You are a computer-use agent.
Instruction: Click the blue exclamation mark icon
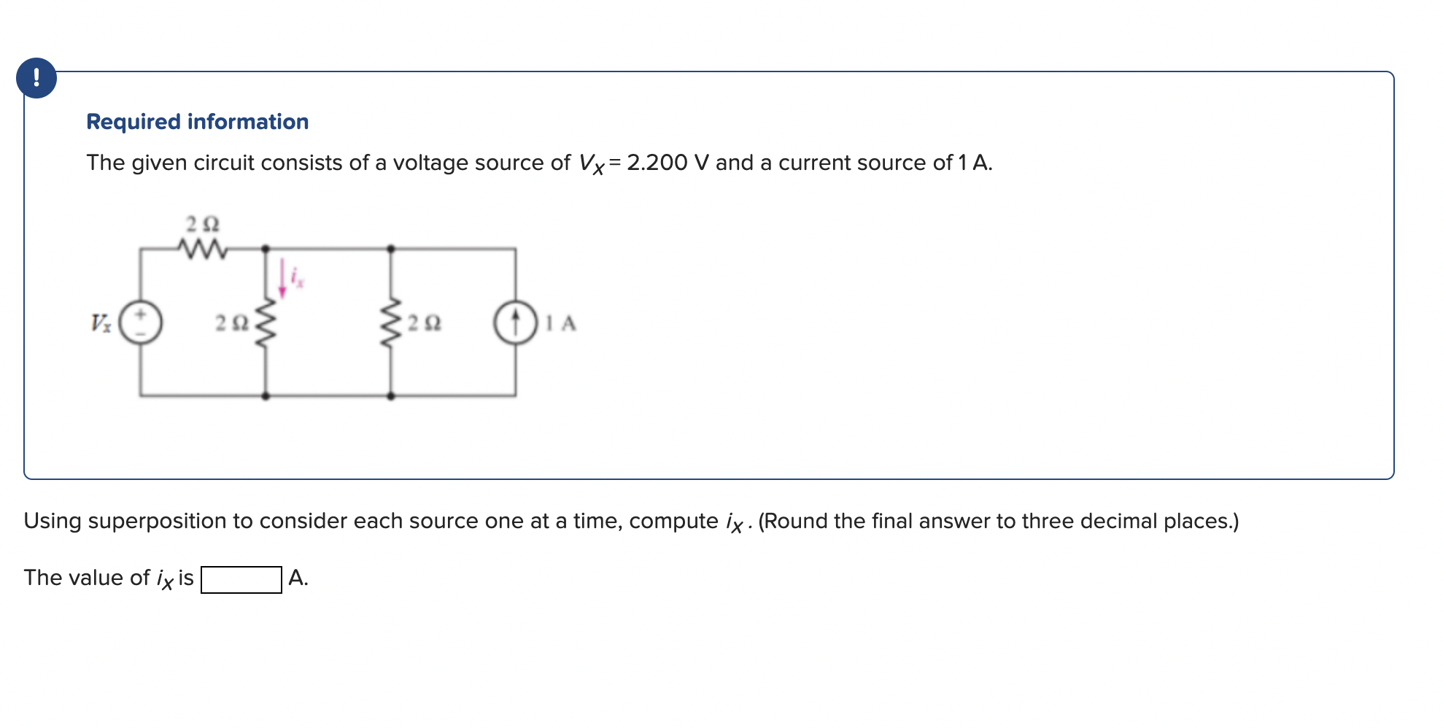[36, 77]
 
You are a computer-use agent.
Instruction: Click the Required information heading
[197, 122]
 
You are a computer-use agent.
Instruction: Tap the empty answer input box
[241, 580]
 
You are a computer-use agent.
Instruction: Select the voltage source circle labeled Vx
[141, 322]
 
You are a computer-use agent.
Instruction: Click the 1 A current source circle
[516, 322]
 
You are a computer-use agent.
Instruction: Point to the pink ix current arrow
[282, 279]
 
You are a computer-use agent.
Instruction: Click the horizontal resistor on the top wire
[203, 249]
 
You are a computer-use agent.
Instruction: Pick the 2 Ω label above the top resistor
[202, 222]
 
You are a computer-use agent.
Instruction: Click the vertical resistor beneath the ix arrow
[266, 322]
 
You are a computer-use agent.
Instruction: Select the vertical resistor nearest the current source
[391, 322]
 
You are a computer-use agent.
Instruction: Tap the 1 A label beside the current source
[561, 322]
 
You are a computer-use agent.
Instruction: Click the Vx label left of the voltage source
[101, 322]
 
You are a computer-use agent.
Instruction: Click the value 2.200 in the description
[657, 163]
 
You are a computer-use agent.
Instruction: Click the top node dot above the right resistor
[391, 249]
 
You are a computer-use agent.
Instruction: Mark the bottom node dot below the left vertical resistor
[266, 396]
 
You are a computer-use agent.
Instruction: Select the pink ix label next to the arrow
[297, 276]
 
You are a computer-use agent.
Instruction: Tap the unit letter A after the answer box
[297, 578]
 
